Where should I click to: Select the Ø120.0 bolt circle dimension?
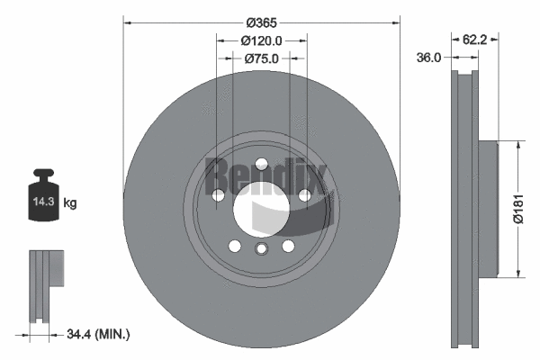pyautogui.click(x=262, y=40)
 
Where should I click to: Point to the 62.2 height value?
pyautogui.click(x=476, y=40)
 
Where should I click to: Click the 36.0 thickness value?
pyautogui.click(x=428, y=58)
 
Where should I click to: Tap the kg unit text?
pyautogui.click(x=69, y=203)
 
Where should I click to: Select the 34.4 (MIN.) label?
pyautogui.click(x=98, y=335)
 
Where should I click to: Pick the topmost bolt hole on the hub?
pyautogui.click(x=261, y=164)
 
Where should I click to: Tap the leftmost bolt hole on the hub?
pyautogui.click(x=217, y=194)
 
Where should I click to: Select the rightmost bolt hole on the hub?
pyautogui.click(x=305, y=194)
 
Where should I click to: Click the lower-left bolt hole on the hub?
pyautogui.click(x=234, y=246)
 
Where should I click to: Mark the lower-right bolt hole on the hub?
pyautogui.click(x=288, y=246)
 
